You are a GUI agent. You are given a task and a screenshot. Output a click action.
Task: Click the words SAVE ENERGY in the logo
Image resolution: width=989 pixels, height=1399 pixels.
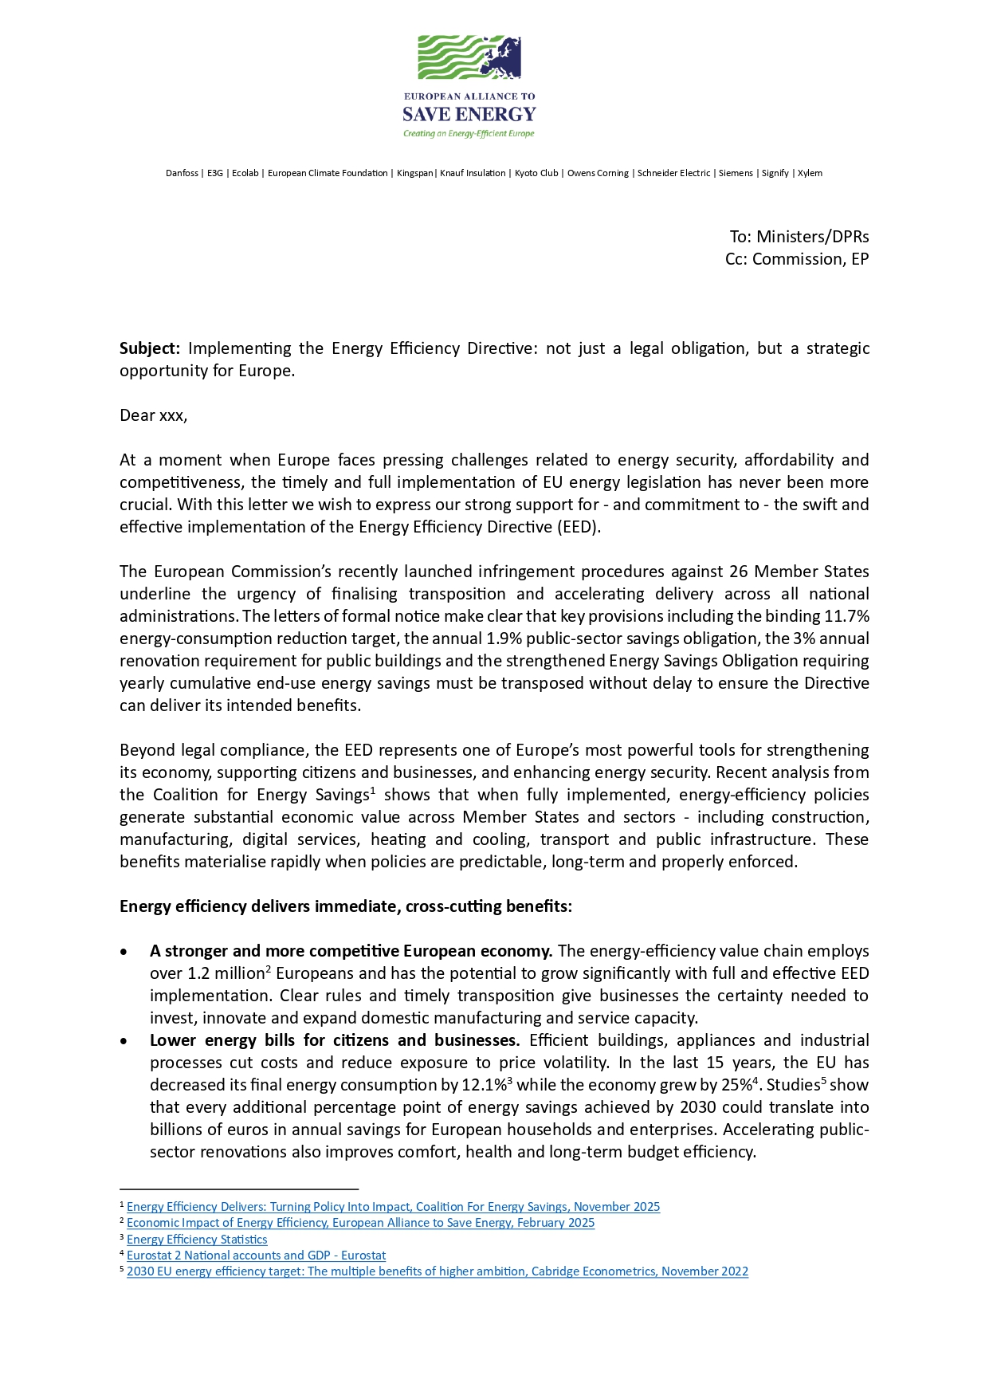coord(469,115)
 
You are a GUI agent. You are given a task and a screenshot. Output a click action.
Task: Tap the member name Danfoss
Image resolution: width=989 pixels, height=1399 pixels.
coord(182,173)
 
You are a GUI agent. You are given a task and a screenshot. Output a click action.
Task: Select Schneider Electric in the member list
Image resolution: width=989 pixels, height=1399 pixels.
coord(673,173)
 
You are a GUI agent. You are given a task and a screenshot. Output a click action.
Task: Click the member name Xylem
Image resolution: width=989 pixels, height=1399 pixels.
coord(810,173)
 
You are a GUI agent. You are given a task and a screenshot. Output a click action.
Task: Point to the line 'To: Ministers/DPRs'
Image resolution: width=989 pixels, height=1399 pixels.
coord(799,237)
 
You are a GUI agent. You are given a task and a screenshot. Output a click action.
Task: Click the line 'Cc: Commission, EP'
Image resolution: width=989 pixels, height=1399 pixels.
coord(796,259)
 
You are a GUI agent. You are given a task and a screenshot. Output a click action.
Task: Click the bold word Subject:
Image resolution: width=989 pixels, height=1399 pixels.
coord(150,348)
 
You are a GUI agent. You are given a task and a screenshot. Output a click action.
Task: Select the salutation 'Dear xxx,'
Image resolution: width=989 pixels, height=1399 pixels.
coord(153,415)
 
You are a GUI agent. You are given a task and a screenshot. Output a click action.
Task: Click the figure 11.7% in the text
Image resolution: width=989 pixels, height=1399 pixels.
coord(846,616)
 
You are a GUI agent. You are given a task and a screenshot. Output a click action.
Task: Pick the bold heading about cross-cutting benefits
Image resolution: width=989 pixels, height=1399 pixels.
coord(346,906)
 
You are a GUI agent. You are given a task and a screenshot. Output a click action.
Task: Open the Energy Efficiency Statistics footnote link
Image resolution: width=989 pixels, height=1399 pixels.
coord(197,1240)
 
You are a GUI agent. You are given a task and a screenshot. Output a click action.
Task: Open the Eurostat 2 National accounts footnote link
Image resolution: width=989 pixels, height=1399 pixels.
coord(256,1256)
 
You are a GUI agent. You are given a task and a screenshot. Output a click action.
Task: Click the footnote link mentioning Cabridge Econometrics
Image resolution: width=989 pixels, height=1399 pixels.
coord(437,1271)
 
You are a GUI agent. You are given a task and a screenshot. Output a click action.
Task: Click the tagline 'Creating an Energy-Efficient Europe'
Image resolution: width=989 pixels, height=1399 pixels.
coord(469,134)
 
